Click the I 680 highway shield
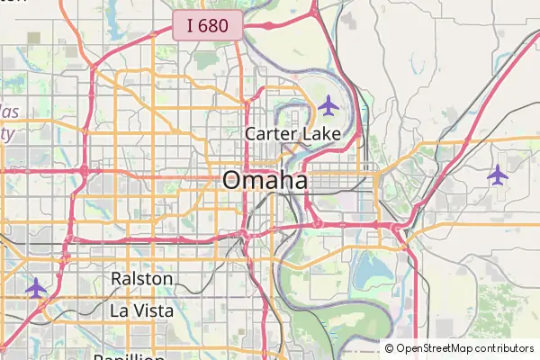[x=207, y=25]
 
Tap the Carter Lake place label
[x=293, y=134]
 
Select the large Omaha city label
[x=265, y=180]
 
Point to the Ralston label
[x=142, y=279]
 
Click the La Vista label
[x=141, y=310]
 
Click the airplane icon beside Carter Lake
[x=328, y=106]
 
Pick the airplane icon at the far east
[x=498, y=174]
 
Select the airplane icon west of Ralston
[x=35, y=288]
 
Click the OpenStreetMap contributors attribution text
[x=464, y=348]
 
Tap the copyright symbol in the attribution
[x=390, y=348]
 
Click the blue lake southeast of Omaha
[x=368, y=266]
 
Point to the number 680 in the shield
[x=214, y=25]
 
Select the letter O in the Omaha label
[x=233, y=180]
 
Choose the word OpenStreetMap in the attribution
[x=436, y=348]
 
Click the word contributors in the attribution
[x=505, y=348]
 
